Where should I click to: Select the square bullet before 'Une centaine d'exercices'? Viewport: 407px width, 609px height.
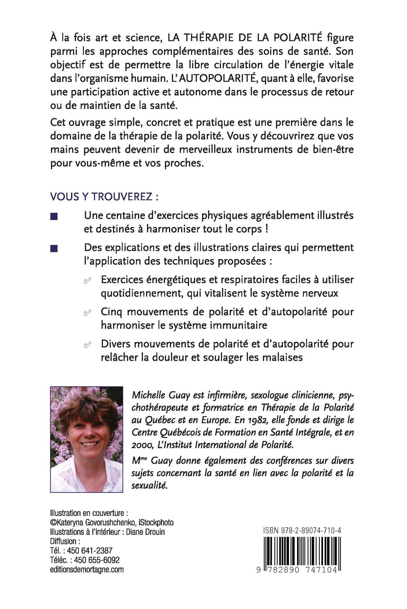click(54, 217)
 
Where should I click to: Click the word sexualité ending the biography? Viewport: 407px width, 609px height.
click(150, 485)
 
